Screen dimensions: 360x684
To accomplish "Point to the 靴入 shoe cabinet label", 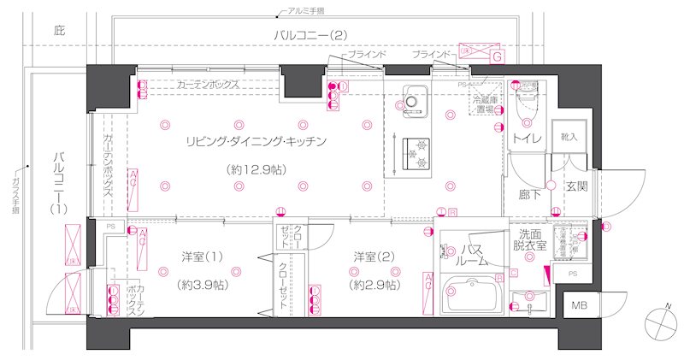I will coord(569,138).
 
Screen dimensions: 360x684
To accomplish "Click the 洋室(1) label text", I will coord(202,257).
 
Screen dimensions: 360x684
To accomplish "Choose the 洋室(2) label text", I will coord(374,257).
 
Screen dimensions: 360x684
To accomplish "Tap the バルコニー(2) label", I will coord(310,35).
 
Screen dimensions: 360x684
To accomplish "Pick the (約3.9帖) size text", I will coord(202,284).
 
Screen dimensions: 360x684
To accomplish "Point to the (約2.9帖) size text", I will coord(374,284).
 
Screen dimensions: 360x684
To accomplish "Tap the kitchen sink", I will coord(412,103).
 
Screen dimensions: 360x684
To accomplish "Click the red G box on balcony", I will coord(497,56).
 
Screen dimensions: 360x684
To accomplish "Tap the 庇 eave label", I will coord(59,31).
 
